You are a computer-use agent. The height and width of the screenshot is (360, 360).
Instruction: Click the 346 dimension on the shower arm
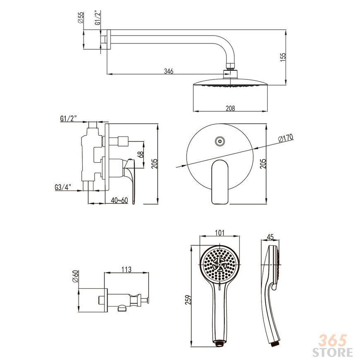point(168,71)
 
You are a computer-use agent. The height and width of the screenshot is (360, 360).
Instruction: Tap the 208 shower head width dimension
point(230,108)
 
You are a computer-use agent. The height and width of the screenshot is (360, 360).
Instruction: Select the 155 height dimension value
point(283,57)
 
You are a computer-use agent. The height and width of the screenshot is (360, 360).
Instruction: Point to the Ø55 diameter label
point(81,18)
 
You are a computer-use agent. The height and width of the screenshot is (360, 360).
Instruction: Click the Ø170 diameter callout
point(286,138)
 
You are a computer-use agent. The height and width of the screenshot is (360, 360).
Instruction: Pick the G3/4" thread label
point(63,187)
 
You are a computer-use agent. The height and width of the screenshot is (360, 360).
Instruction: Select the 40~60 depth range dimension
point(120,200)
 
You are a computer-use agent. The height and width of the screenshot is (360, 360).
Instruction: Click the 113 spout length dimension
point(127,269)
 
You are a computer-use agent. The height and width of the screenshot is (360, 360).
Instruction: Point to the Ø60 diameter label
point(76,276)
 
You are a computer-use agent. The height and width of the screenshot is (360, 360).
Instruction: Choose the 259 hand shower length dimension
point(188,300)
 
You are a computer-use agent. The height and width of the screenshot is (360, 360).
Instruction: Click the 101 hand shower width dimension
point(219,233)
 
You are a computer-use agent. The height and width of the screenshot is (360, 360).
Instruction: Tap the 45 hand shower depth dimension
point(271,237)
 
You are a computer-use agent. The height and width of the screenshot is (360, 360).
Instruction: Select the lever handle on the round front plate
point(220,182)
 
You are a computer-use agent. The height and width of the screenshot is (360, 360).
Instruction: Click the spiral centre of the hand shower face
point(220,264)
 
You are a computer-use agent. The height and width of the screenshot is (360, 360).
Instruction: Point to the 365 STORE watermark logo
point(333,346)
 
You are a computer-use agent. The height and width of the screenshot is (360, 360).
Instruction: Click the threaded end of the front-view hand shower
point(220,344)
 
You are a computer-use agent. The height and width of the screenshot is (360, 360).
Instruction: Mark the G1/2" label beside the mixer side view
point(68,119)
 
